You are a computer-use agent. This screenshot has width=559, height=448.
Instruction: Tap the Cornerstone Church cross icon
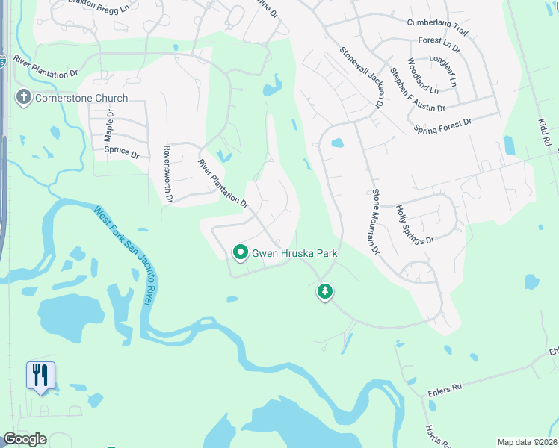tap(23, 97)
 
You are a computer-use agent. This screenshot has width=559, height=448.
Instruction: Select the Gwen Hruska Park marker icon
tap(241, 254)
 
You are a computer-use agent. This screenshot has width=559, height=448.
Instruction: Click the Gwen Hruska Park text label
tap(294, 253)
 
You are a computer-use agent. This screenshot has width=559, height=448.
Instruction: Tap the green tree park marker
tap(324, 291)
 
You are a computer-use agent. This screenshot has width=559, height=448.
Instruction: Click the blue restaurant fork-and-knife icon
tap(40, 375)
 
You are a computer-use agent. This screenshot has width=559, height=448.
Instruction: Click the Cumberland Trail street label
tap(436, 22)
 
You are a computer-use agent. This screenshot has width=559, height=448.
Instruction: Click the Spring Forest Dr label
tap(443, 125)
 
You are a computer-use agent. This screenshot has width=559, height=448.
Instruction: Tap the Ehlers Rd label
tap(446, 386)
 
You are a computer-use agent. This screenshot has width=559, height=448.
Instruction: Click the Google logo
tap(25, 439)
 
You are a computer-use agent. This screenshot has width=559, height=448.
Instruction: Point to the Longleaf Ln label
tap(446, 58)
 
